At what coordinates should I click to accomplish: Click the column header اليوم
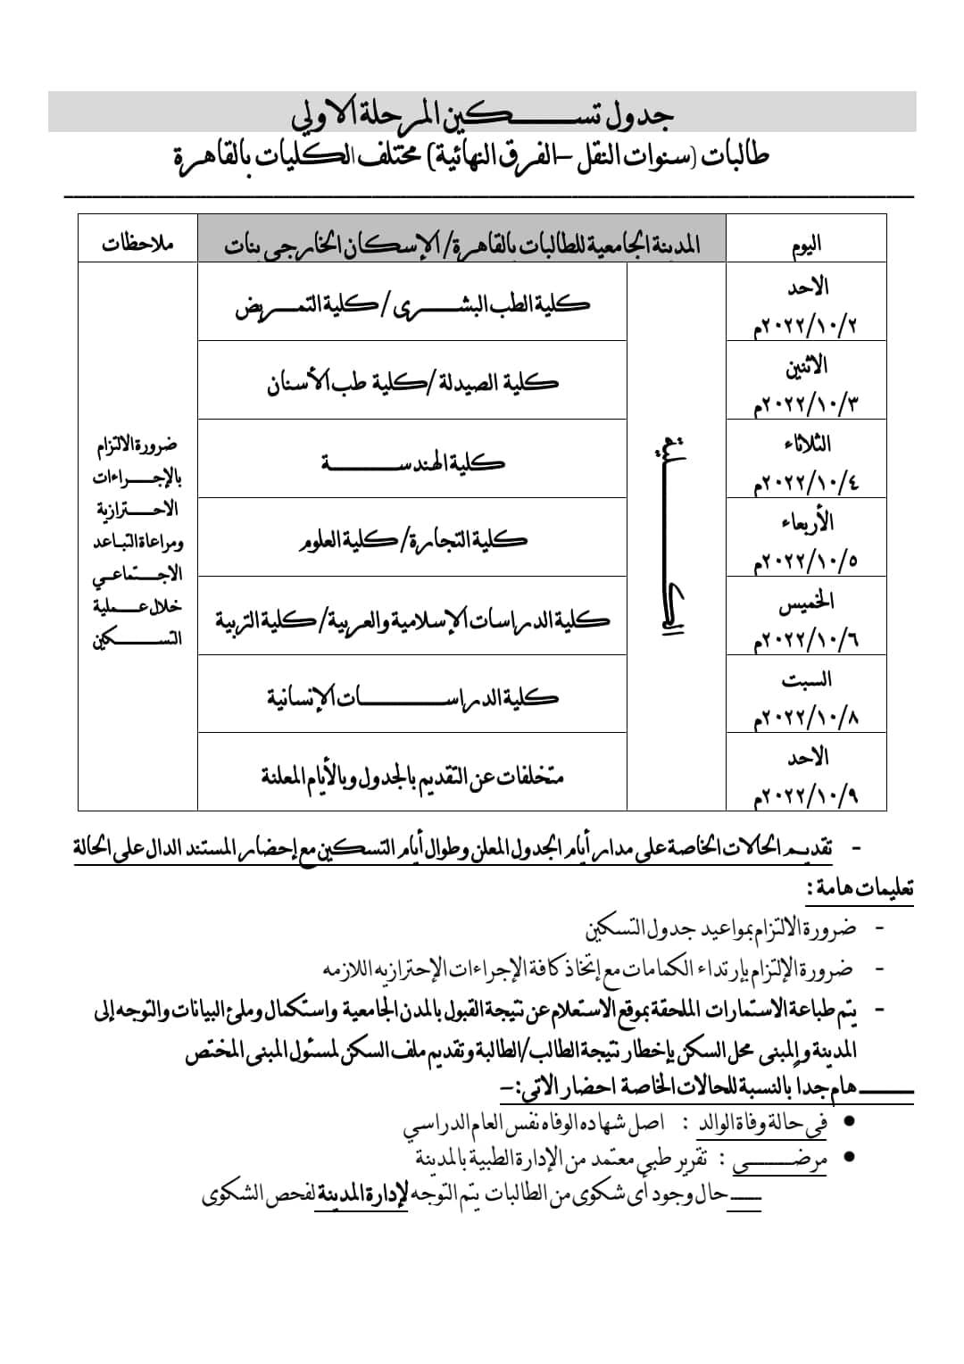tap(806, 243)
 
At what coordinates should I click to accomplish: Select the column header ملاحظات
tap(137, 243)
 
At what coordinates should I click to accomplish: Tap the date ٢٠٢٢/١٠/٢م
tap(806, 324)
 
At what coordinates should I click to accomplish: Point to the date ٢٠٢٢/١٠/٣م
tap(806, 403)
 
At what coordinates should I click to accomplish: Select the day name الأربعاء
tap(806, 521)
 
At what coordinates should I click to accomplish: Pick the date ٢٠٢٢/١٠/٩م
tap(806, 795)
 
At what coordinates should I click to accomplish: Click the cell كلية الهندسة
tap(412, 462)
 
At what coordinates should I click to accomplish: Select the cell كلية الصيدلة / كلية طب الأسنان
tap(412, 383)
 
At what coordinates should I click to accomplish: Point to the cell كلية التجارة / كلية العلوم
tap(412, 539)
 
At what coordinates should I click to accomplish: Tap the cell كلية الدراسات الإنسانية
tap(412, 697)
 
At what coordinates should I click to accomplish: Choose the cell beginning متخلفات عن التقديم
tap(412, 776)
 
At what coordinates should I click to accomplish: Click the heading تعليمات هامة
tap(859, 888)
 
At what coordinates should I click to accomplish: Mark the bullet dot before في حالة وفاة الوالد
tap(850, 1120)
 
